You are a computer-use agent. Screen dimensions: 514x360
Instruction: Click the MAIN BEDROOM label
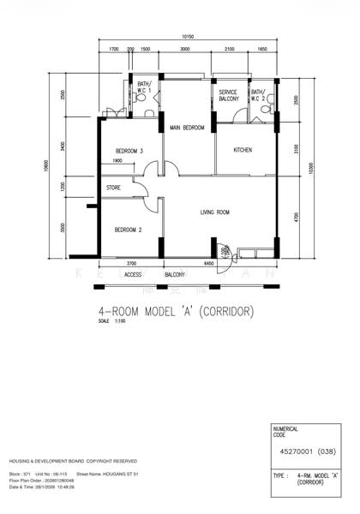(187, 128)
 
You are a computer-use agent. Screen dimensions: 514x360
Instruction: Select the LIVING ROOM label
(218, 212)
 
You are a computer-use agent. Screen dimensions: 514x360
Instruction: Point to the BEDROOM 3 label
(129, 151)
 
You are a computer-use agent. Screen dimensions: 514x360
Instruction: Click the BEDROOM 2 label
(128, 230)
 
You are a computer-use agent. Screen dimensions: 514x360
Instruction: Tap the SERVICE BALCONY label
(229, 95)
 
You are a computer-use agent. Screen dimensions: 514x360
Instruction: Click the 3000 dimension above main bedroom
(185, 51)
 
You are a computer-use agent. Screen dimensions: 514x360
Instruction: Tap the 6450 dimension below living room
(208, 264)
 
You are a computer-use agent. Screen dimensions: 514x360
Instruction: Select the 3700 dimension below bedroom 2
(130, 264)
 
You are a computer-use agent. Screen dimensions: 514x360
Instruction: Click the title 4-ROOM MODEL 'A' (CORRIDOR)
(181, 312)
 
